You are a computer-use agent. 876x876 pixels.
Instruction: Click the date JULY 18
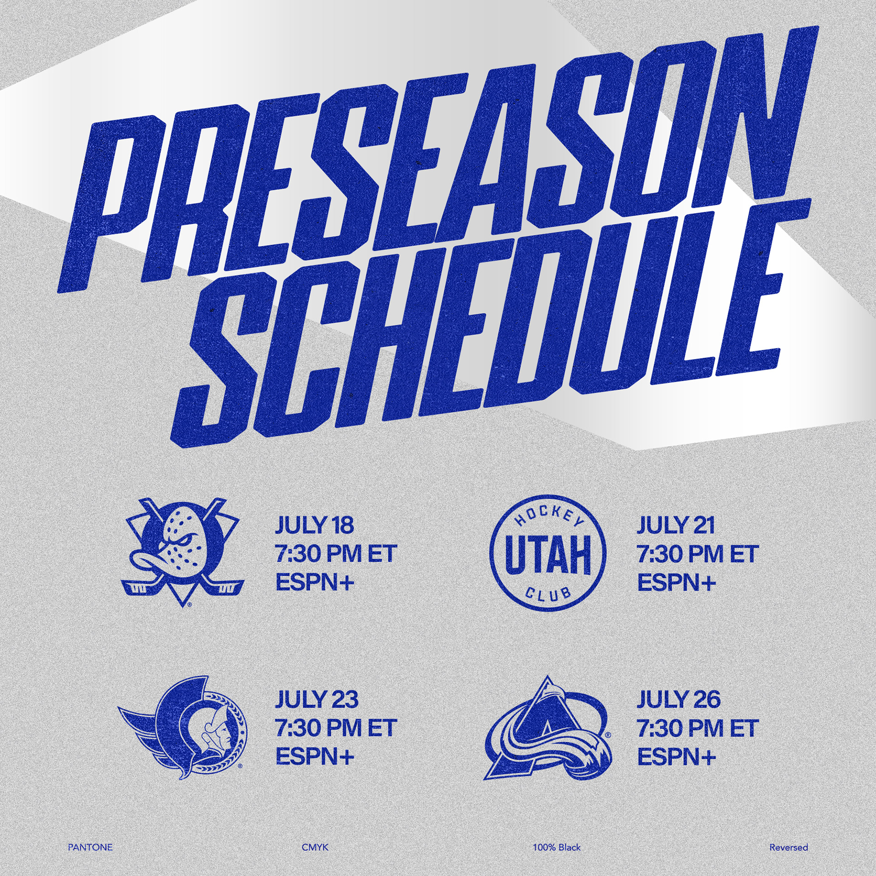pos(314,525)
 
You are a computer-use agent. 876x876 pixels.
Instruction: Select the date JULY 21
pos(676,525)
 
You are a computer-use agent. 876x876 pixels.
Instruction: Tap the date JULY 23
pos(317,699)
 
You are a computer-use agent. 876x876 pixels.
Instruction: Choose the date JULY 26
pos(678,699)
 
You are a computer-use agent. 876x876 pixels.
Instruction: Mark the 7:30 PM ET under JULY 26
pos(698,728)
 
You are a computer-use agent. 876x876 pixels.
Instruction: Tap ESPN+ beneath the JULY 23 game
pos(315,757)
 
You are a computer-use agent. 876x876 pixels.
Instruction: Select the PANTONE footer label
pos(90,847)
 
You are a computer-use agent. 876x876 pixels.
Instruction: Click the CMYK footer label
pos(315,847)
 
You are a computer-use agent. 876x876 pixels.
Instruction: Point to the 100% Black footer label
pos(557,847)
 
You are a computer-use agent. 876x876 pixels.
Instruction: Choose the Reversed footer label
pos(789,847)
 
